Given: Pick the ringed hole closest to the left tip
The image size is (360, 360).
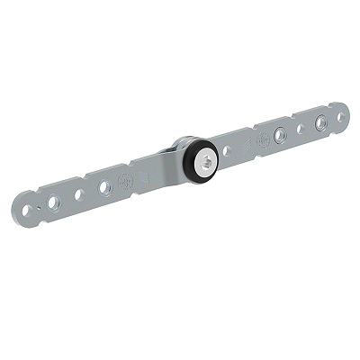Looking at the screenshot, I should tap(55, 202).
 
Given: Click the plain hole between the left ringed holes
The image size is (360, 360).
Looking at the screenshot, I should tap(79, 193).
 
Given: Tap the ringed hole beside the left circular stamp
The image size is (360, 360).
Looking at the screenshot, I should tap(104, 186).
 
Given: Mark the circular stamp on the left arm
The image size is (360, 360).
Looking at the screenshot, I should tap(126, 179).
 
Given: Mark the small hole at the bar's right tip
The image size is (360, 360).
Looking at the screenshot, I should tap(340, 114).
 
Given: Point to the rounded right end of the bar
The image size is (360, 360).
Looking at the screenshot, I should tap(346, 112).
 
